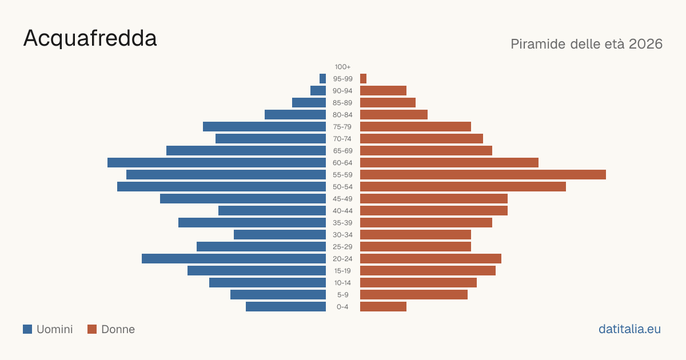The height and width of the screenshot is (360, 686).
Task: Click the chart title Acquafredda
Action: tap(90, 39)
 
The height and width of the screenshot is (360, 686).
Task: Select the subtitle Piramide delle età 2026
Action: tap(587, 44)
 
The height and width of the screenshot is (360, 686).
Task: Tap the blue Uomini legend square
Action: tap(27, 329)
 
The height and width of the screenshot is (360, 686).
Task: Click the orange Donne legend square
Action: tap(92, 329)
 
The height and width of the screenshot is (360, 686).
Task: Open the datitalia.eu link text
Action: tap(629, 329)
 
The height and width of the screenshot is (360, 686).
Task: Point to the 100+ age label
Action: tap(342, 67)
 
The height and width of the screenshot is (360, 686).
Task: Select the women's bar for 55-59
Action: tap(483, 174)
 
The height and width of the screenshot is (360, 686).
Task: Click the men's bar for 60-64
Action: tap(217, 162)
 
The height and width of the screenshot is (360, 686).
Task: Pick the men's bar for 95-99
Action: tap(323, 79)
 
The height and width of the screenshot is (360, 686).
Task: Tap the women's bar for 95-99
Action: tap(363, 79)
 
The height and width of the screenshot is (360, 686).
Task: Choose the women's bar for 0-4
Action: tap(383, 307)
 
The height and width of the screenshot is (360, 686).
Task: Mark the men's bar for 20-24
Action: tap(234, 259)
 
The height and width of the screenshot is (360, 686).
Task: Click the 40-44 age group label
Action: tap(342, 211)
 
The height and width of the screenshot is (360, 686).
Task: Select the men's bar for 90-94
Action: tap(318, 91)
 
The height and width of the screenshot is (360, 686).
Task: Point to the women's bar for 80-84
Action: tap(394, 114)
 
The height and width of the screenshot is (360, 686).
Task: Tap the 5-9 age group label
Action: tap(342, 295)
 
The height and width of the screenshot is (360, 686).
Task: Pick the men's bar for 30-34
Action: tap(280, 235)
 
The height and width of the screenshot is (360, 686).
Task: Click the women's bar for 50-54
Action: tap(463, 187)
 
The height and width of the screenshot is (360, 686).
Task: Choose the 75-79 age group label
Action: tap(342, 127)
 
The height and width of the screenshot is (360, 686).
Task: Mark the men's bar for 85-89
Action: tap(309, 102)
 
